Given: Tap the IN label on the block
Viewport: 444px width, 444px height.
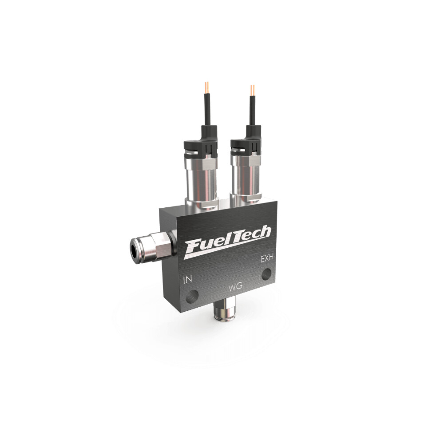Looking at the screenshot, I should point(188,280).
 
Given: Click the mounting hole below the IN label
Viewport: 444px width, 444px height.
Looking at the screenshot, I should point(192,296).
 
